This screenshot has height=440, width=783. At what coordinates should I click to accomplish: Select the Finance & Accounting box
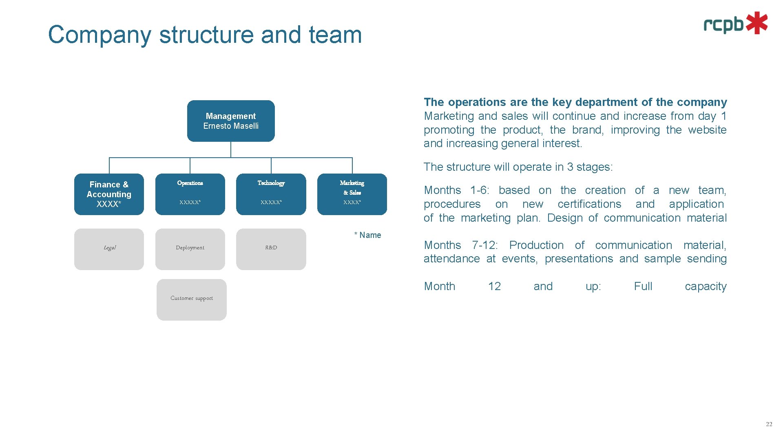[x=109, y=194]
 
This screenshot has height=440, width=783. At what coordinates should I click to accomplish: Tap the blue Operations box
[x=190, y=194]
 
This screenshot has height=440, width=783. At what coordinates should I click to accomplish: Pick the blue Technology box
[x=271, y=194]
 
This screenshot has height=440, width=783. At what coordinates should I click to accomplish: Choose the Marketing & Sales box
[x=352, y=194]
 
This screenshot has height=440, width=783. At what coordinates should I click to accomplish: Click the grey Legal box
[x=109, y=249]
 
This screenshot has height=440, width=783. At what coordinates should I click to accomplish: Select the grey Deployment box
[x=190, y=249]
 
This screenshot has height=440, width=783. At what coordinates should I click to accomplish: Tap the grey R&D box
[x=271, y=249]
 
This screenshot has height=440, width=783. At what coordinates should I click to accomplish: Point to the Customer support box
[x=192, y=299]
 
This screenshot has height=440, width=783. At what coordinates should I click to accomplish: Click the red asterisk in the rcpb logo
[x=757, y=23]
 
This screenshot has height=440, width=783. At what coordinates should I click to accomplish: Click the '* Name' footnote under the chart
[x=368, y=235]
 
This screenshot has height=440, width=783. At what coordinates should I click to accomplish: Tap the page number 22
[x=769, y=424]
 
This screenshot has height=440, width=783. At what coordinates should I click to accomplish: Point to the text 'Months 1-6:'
[x=456, y=190]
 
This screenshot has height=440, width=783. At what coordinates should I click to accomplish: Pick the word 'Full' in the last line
[x=643, y=286]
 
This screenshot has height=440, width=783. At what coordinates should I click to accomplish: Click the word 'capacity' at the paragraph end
[x=706, y=286]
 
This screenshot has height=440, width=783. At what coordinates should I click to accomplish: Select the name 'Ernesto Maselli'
[x=231, y=126]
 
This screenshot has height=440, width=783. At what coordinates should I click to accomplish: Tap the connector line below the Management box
[x=231, y=150]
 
